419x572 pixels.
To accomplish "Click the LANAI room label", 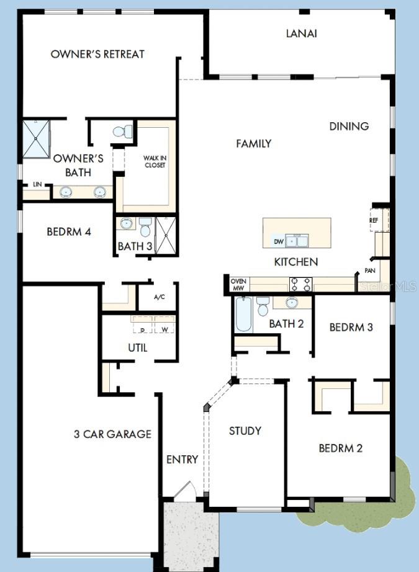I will (x=301, y=34).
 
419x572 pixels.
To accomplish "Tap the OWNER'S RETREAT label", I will (x=97, y=54).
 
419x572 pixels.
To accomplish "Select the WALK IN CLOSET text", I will (x=155, y=161).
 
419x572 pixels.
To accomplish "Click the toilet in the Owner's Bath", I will (x=123, y=132).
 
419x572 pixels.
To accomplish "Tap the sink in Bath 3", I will (x=127, y=224).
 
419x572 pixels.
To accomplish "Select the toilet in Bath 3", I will (x=145, y=226).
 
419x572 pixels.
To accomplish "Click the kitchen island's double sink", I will (x=298, y=240).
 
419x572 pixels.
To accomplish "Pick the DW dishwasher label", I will (x=279, y=241).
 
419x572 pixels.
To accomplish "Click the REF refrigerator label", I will (x=374, y=220).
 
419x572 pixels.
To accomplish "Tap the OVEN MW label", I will (x=239, y=284).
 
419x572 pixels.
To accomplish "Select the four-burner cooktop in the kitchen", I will (x=301, y=284).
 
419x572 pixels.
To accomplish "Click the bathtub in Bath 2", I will (x=243, y=315).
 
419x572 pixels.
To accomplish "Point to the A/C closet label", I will (x=159, y=297).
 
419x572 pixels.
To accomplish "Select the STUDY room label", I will (x=245, y=431).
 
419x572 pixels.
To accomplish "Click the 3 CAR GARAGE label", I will (x=112, y=434).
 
